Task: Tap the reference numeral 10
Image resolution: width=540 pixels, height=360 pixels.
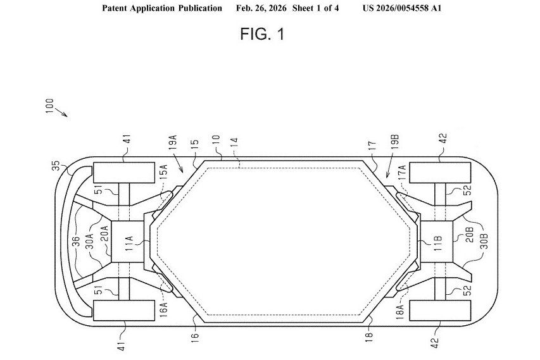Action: click(x=215, y=140)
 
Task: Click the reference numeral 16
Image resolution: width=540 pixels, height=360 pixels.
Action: click(x=195, y=335)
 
